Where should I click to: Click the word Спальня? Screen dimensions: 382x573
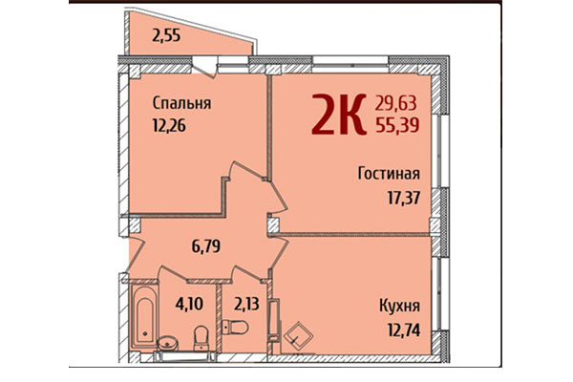(181, 103)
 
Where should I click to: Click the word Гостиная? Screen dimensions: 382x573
(390, 175)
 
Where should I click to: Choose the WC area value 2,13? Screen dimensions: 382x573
(246, 307)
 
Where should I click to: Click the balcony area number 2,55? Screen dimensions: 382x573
(167, 38)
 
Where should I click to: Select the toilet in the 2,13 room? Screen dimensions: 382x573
(236, 328)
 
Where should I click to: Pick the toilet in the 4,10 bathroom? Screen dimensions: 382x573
(201, 336)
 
